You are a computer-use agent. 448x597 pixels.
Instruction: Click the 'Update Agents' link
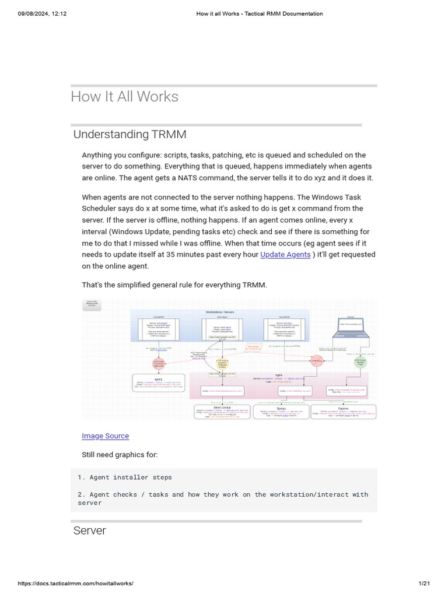click(x=285, y=255)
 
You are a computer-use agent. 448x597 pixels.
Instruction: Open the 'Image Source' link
click(x=105, y=436)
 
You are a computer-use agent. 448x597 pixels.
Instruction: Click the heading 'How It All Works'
click(x=124, y=97)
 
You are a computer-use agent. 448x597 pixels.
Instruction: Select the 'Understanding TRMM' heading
click(x=129, y=135)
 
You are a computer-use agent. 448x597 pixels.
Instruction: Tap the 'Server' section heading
click(x=89, y=531)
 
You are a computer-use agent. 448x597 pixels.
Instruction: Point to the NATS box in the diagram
click(x=158, y=383)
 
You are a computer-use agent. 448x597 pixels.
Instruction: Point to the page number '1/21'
click(x=424, y=584)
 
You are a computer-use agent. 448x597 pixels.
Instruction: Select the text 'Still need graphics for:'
click(x=120, y=455)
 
